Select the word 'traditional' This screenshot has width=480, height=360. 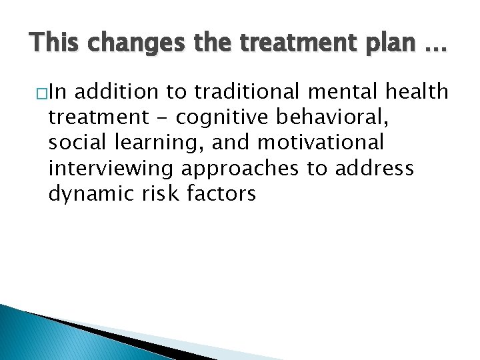click(236, 92)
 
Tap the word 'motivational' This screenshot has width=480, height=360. click(321, 143)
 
